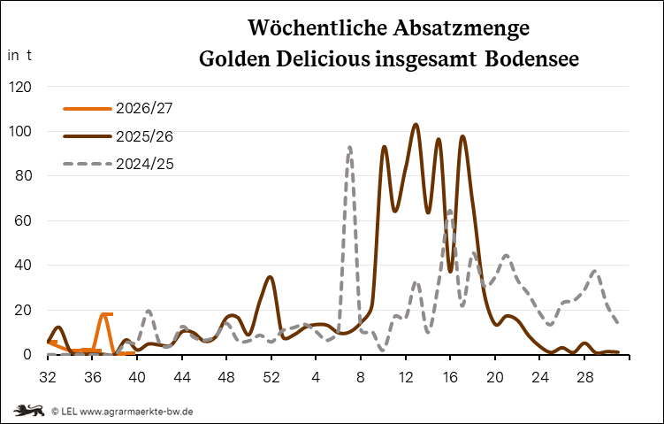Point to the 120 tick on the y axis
point(20,87)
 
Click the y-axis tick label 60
point(23,220)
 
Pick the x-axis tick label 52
point(271,377)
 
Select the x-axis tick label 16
point(450,377)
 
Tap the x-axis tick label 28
point(584,377)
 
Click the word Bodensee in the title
point(532,59)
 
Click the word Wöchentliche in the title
point(317,28)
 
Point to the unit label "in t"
point(19,55)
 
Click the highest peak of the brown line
point(416,125)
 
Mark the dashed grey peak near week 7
point(349,148)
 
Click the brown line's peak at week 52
point(271,277)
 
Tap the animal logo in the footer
point(29,411)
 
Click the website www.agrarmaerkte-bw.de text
point(136,412)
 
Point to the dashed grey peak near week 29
point(595,272)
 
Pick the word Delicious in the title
point(323,59)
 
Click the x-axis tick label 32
point(48,377)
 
